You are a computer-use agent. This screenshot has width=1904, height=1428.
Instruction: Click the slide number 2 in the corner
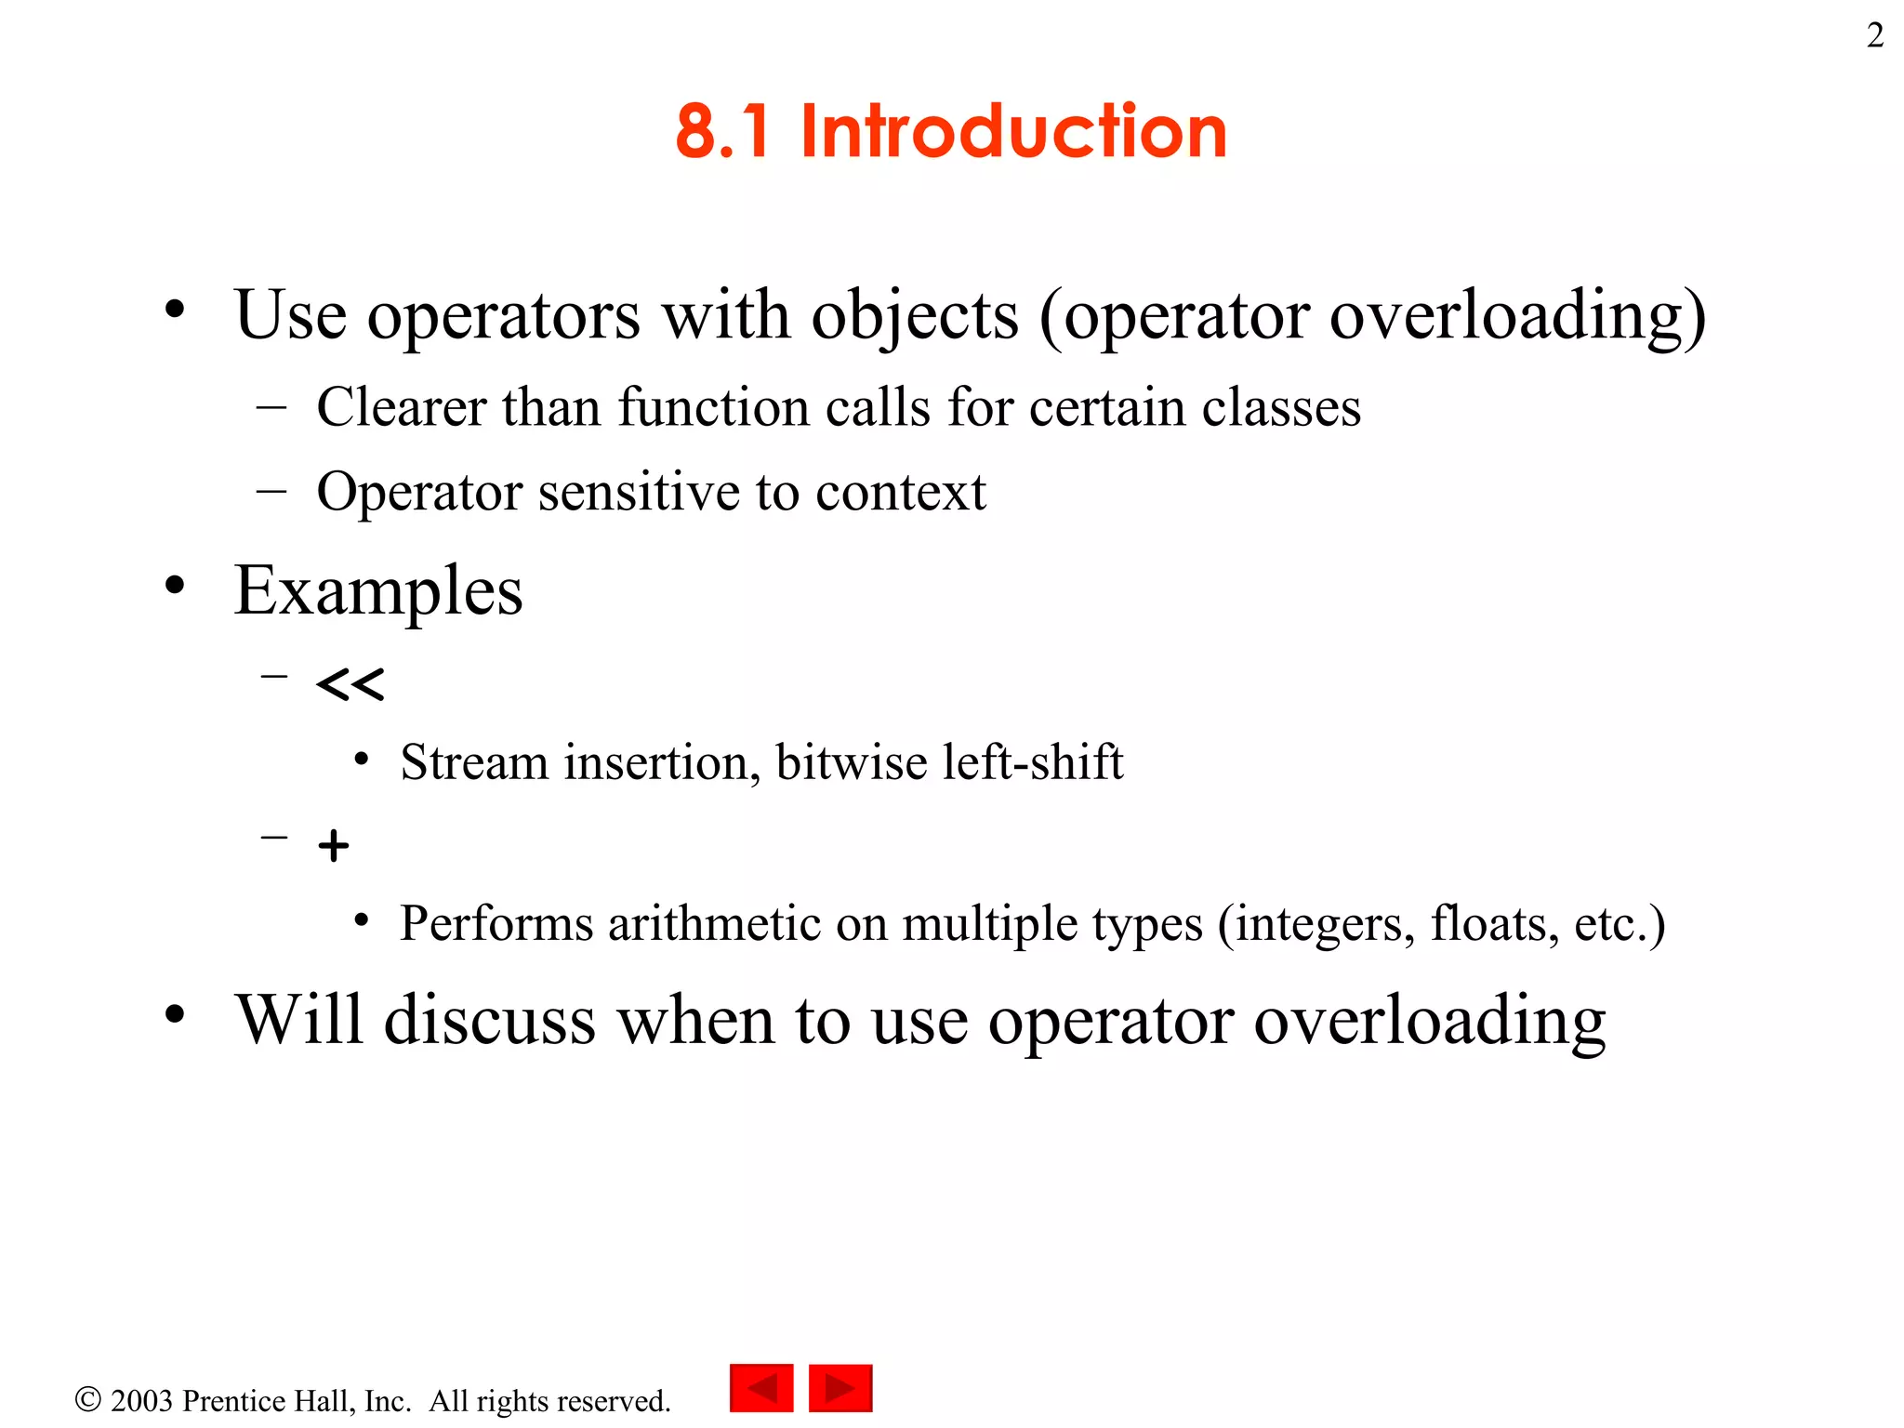[1874, 36]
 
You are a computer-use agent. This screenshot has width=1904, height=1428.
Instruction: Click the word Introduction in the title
[1013, 132]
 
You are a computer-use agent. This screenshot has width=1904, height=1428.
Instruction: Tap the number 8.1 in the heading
[722, 132]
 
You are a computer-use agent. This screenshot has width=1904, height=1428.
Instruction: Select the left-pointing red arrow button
[761, 1388]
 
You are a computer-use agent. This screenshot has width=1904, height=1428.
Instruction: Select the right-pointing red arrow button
[840, 1388]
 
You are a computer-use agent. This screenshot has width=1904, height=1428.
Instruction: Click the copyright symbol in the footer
[87, 1399]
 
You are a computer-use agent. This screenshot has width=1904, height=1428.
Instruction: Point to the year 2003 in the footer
[141, 1401]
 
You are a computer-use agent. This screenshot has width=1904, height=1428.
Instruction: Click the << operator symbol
[350, 685]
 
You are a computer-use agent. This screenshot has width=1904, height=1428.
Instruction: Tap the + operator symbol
[333, 846]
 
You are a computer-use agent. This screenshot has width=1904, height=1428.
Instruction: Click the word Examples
[378, 591]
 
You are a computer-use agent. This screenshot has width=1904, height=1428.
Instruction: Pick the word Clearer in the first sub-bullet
[401, 407]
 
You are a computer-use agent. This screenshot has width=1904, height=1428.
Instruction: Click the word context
[900, 492]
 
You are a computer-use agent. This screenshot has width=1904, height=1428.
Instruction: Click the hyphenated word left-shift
[1032, 762]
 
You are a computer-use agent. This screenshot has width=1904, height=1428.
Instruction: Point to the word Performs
[496, 924]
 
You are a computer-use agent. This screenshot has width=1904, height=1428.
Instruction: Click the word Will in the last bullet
[297, 1021]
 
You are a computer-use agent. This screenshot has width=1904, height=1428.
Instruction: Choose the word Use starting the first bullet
[290, 315]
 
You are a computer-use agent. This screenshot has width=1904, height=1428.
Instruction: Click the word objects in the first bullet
[915, 317]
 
